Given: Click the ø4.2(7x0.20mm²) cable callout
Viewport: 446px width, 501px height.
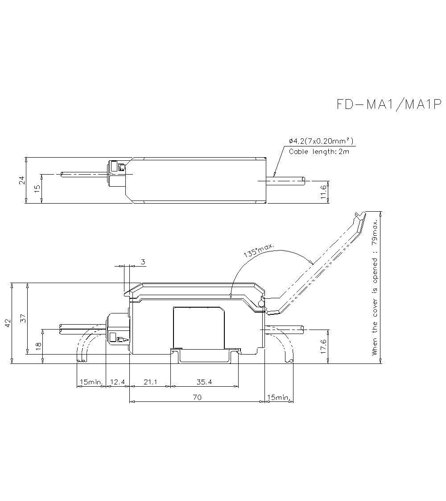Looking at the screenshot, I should (x=321, y=142).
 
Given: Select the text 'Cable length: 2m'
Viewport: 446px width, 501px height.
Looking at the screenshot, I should (x=319, y=152).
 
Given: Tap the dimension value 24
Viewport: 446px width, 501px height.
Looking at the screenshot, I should (x=21, y=180).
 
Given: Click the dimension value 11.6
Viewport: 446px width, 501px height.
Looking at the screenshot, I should (x=324, y=193).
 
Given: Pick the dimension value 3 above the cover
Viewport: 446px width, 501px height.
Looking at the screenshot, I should (x=143, y=262).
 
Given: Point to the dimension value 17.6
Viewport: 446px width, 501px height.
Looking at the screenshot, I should (x=324, y=347).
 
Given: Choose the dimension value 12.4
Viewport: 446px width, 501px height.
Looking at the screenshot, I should (x=117, y=382).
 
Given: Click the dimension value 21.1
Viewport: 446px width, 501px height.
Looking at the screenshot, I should (x=150, y=382).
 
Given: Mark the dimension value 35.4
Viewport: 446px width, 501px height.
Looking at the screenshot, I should (x=204, y=382).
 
